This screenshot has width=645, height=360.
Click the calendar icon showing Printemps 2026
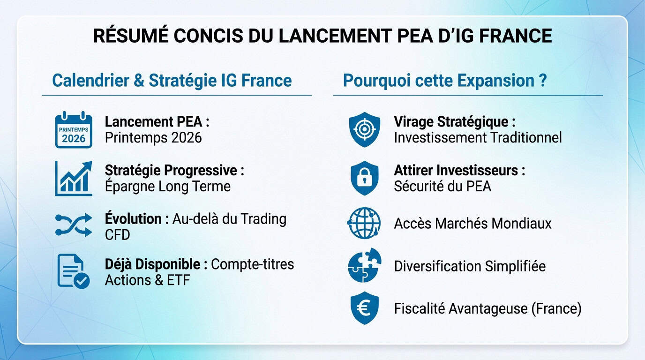(x=74, y=130)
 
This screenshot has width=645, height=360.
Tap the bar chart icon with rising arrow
(x=74, y=178)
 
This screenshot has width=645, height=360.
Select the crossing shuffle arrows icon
(x=74, y=225)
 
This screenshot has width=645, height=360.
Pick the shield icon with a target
(x=365, y=129)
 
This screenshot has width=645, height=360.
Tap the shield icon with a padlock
(x=365, y=178)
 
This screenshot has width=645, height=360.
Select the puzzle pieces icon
(x=365, y=266)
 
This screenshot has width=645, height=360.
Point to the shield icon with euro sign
(x=365, y=308)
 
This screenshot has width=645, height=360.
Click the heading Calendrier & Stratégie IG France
(x=172, y=80)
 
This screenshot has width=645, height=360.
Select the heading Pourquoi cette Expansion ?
(x=445, y=80)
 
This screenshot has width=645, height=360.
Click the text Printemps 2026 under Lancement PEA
(x=153, y=138)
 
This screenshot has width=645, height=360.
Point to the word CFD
(x=117, y=234)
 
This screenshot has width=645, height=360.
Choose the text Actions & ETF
(x=147, y=280)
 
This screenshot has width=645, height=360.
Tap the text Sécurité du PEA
(x=442, y=186)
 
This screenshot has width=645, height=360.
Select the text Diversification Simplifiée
(x=470, y=266)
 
